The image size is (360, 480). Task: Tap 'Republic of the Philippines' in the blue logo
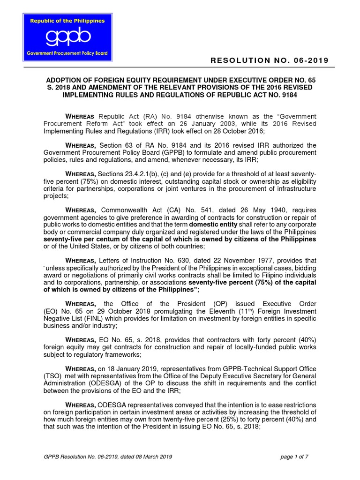(68, 21)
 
